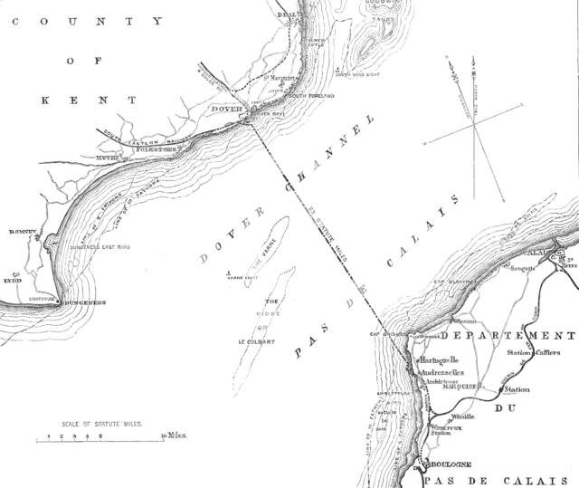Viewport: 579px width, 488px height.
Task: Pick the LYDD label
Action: (13, 281)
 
